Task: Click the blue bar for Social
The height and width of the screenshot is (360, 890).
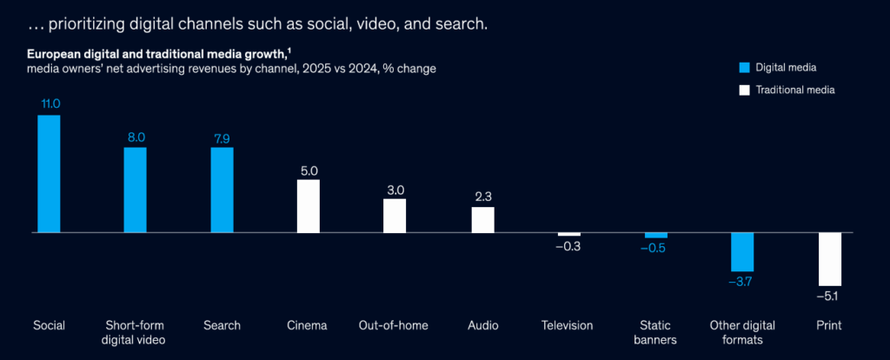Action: click(x=49, y=174)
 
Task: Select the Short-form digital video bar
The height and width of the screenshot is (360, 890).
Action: click(x=135, y=190)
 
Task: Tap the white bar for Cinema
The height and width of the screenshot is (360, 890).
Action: click(x=309, y=206)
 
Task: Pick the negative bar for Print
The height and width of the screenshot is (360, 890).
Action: click(x=830, y=259)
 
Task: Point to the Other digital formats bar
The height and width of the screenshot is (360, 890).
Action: click(x=742, y=252)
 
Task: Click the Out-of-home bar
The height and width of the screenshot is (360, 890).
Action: click(x=395, y=216)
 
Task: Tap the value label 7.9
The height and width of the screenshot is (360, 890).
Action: click(x=222, y=137)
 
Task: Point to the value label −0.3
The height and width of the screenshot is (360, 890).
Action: click(x=568, y=247)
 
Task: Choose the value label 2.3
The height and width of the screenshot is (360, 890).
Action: click(x=482, y=197)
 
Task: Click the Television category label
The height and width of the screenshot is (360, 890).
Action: click(x=567, y=325)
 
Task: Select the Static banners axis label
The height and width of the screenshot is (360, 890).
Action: click(x=656, y=332)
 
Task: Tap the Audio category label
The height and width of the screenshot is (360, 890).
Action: click(x=482, y=325)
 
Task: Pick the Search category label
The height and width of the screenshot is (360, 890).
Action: click(x=222, y=325)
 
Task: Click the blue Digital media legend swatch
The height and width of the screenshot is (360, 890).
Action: click(x=743, y=67)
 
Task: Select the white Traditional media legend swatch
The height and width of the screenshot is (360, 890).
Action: click(x=743, y=90)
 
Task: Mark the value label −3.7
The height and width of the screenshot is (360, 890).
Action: click(x=742, y=283)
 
